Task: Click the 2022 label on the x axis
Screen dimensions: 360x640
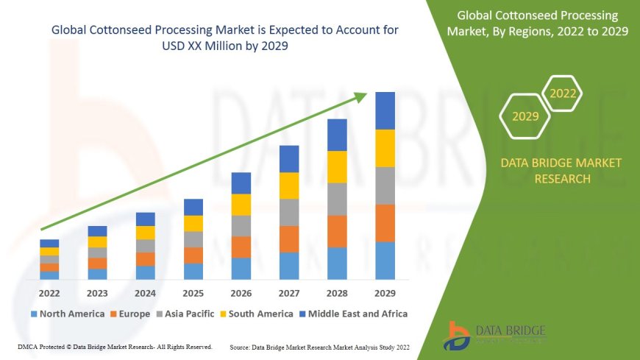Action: (x=49, y=292)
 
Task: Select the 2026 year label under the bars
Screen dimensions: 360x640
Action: (x=241, y=292)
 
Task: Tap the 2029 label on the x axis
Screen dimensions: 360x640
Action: (x=385, y=292)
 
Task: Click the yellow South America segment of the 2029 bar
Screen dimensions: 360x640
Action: (x=385, y=148)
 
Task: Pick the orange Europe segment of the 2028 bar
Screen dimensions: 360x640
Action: (x=337, y=231)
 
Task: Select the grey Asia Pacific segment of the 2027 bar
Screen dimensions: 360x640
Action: (x=289, y=212)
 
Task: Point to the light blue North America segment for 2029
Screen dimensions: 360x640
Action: (x=385, y=261)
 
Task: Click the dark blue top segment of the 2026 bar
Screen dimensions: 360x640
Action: (x=241, y=183)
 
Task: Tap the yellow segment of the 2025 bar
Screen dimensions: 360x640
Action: (x=193, y=223)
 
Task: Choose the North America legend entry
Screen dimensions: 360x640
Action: (x=67, y=314)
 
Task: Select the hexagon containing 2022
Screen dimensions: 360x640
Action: (x=563, y=93)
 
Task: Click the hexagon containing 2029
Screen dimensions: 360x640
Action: (x=525, y=116)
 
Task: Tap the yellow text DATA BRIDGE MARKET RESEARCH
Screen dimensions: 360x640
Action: (x=561, y=170)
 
